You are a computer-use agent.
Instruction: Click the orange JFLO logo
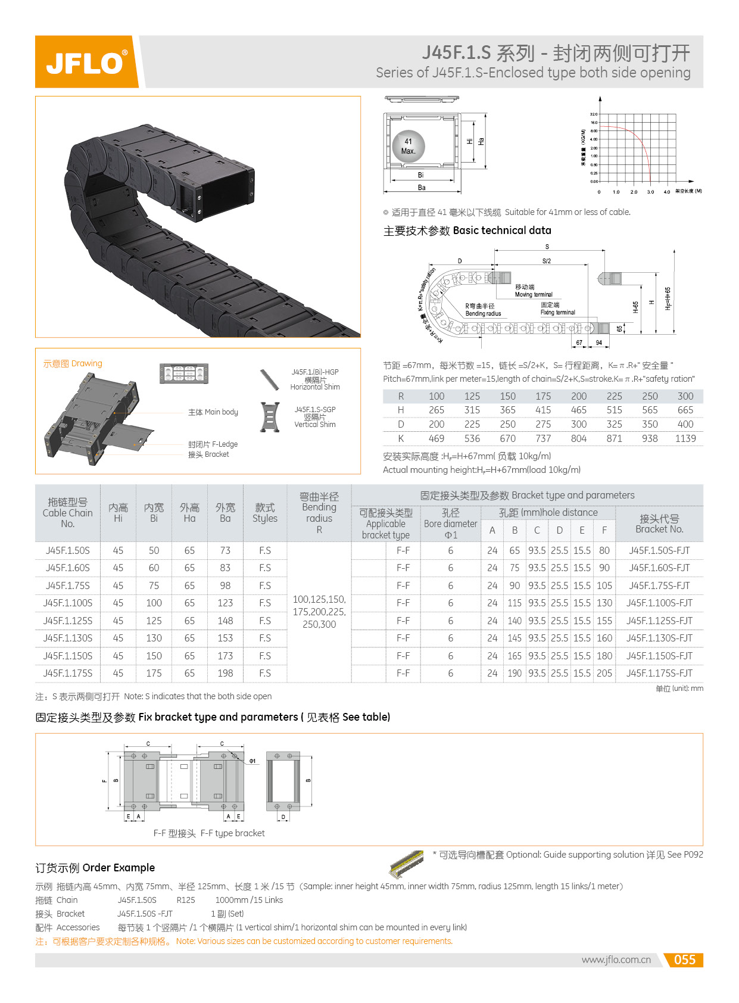86,62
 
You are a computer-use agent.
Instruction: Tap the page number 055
684,960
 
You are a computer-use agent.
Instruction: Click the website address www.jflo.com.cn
616,960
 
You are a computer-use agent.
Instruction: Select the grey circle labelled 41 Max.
409,147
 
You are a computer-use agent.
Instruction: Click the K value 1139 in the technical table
685,438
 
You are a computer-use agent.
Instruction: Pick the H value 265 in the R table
436,410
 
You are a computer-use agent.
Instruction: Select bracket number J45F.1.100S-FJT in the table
659,603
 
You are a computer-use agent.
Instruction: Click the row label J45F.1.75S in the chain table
68,585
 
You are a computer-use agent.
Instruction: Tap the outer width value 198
225,673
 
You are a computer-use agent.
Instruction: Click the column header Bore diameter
451,524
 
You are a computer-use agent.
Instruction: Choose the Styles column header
264,513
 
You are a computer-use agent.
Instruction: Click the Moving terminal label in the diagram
533,294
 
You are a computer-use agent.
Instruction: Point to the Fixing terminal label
557,312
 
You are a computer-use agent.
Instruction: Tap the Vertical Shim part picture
270,417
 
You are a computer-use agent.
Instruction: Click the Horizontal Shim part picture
270,379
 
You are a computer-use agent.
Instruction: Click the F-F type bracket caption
209,833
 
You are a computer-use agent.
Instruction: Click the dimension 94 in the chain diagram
598,342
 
